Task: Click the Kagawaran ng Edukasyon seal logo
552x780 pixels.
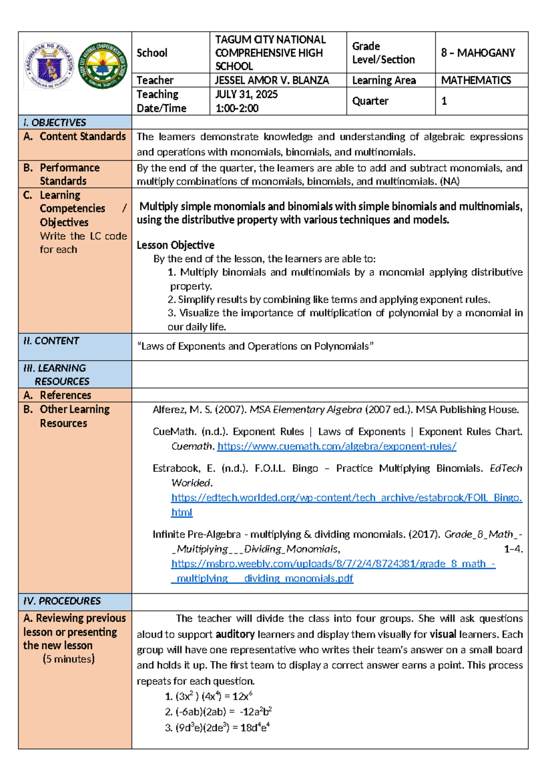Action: tap(49, 66)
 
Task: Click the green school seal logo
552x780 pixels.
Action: tap(103, 65)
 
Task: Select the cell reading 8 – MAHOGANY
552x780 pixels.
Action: tap(477, 53)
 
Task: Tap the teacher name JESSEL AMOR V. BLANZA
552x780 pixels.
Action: tap(272, 80)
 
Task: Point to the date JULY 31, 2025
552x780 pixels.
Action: tap(247, 95)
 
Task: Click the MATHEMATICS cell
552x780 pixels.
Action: tap(476, 80)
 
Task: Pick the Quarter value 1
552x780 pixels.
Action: tap(444, 101)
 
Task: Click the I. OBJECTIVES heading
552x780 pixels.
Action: tap(55, 123)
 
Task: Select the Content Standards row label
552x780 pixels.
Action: tap(82, 137)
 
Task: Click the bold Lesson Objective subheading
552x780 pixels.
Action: tap(175, 245)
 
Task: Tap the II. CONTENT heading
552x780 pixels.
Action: tap(51, 341)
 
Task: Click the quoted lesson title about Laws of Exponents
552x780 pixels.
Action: tap(255, 346)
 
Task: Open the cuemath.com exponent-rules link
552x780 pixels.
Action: tap(337, 447)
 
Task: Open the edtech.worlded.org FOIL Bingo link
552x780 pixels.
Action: tap(346, 498)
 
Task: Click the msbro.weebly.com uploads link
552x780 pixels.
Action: tap(333, 564)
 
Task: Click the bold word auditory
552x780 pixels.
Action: tap(235, 635)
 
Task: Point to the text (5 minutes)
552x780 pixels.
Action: tap(69, 660)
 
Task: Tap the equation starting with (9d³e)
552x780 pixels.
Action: tap(217, 728)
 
